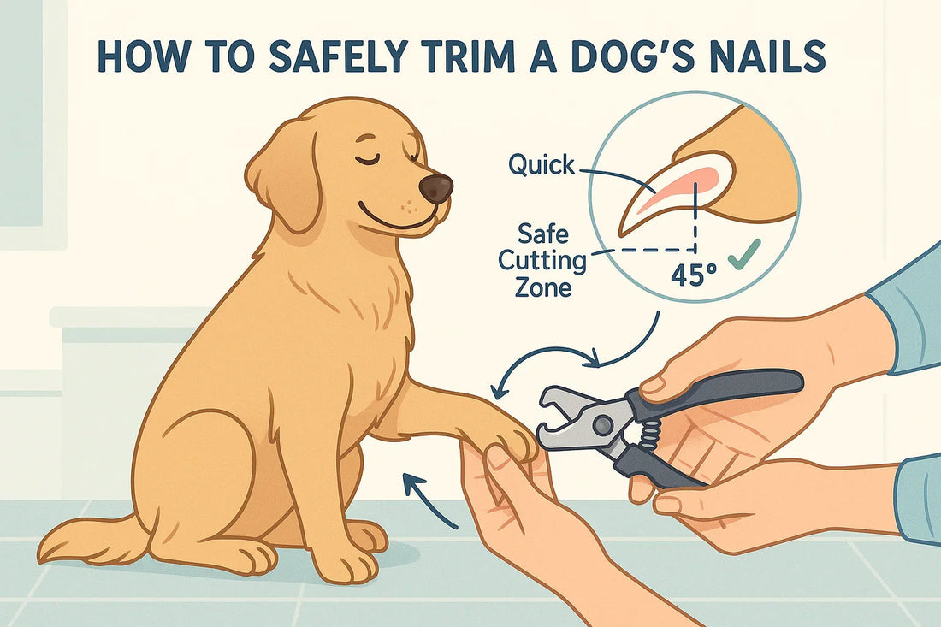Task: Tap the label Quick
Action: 542,164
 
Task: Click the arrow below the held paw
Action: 428,500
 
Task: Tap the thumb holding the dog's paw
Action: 499,463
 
